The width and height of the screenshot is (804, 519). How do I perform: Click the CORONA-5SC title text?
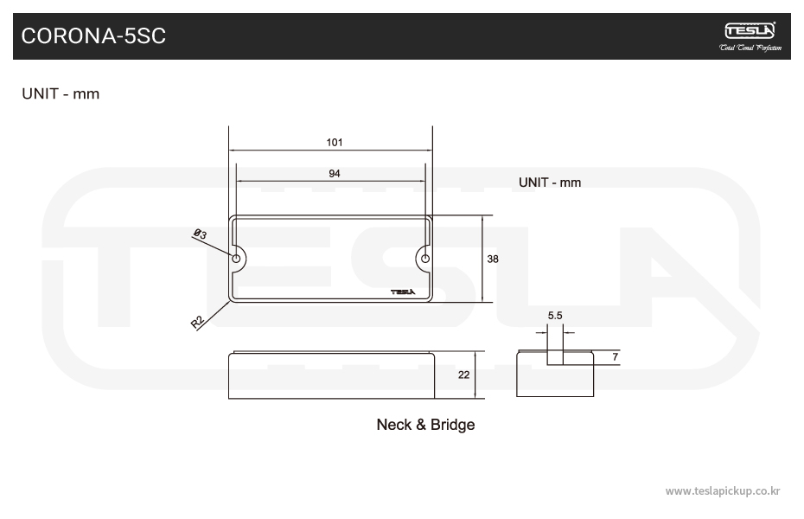point(93,35)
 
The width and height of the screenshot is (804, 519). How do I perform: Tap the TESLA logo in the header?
point(750,30)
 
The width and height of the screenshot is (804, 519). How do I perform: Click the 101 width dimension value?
point(335,143)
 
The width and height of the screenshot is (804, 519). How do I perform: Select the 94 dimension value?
point(335,174)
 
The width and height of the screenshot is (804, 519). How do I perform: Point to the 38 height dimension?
point(493,259)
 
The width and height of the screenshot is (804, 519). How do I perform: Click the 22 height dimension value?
point(464,375)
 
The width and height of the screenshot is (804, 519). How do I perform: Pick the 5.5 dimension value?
point(555,317)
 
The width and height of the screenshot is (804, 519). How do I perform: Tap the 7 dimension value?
point(615,356)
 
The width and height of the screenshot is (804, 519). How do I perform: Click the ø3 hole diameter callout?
point(199,234)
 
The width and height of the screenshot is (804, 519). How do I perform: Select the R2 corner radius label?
point(197,322)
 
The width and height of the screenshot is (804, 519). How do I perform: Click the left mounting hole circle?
point(236,258)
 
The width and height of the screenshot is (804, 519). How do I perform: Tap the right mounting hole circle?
point(425,258)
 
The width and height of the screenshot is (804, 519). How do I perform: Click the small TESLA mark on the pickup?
point(403,292)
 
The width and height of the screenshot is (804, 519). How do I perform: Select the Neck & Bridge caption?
point(425,425)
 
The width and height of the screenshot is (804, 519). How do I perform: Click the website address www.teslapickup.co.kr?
point(723,490)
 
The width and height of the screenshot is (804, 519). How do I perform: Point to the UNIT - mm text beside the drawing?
point(550,183)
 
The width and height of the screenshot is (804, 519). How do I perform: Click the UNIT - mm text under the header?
point(61,93)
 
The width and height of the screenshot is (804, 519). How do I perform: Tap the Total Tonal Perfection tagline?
point(750,48)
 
